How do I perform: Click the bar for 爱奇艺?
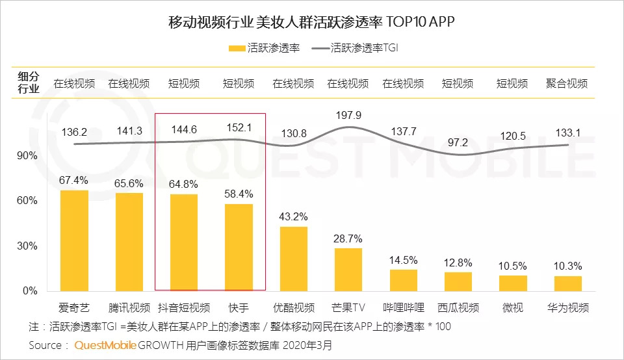pos(74,240)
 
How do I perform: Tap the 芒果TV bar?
pos(348,269)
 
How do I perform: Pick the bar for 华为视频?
pos(568,283)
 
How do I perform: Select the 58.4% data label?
pos(239,194)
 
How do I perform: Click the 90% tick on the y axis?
pos(27,156)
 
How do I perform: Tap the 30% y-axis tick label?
pos(27,246)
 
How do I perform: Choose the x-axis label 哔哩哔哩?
pos(403,307)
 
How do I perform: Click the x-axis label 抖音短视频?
pos(184,307)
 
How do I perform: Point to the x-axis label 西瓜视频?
pos(458,307)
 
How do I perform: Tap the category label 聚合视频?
pos(567,83)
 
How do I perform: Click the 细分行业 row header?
pos(28,83)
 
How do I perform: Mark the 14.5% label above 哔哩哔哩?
pos(403,260)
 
